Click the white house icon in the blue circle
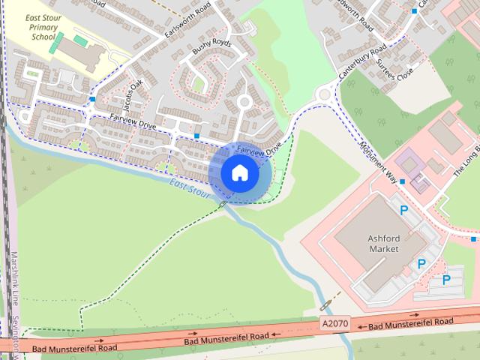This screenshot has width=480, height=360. coord(239,173)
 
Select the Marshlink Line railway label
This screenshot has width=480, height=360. coord(13,277)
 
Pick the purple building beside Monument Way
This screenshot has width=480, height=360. coord(409,163)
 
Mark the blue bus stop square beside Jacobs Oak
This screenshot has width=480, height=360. coord(91,99)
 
